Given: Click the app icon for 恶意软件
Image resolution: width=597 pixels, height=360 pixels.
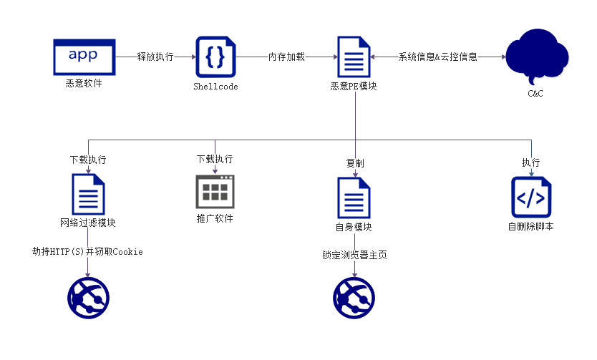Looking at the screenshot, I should pyautogui.click(x=84, y=57).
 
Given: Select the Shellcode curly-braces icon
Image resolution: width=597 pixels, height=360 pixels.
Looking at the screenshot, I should pyautogui.click(x=215, y=57).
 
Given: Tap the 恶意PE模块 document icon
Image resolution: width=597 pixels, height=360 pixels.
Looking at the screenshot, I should pyautogui.click(x=354, y=57).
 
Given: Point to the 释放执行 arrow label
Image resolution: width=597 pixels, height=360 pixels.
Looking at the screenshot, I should pyautogui.click(x=155, y=57).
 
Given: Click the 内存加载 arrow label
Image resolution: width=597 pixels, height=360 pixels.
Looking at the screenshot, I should pyautogui.click(x=287, y=57).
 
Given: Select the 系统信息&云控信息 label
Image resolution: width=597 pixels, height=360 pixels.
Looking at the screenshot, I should pyautogui.click(x=438, y=57).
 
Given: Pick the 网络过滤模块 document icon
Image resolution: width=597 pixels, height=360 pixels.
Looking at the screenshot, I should pyautogui.click(x=88, y=194).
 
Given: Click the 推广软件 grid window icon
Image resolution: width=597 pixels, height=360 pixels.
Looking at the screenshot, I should pyautogui.click(x=215, y=191).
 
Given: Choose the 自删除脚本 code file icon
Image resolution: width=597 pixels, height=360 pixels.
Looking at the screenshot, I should pyautogui.click(x=530, y=197).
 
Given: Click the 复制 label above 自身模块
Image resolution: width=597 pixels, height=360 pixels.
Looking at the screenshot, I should pyautogui.click(x=354, y=163).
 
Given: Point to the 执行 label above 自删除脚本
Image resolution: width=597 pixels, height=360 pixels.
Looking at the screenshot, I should pyautogui.click(x=530, y=162).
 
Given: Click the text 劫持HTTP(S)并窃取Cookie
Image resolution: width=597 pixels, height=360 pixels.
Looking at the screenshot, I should pyautogui.click(x=87, y=251).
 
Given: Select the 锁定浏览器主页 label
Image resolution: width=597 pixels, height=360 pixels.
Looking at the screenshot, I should pyautogui.click(x=354, y=255).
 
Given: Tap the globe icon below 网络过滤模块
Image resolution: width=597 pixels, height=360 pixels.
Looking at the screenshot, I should pyautogui.click(x=88, y=298).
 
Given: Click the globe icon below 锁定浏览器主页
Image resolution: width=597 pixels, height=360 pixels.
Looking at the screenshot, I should pyautogui.click(x=354, y=298).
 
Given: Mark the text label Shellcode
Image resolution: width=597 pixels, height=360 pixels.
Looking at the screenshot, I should pyautogui.click(x=215, y=87).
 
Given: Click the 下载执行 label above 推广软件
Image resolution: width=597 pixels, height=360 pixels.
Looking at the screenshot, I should pyautogui.click(x=215, y=159).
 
